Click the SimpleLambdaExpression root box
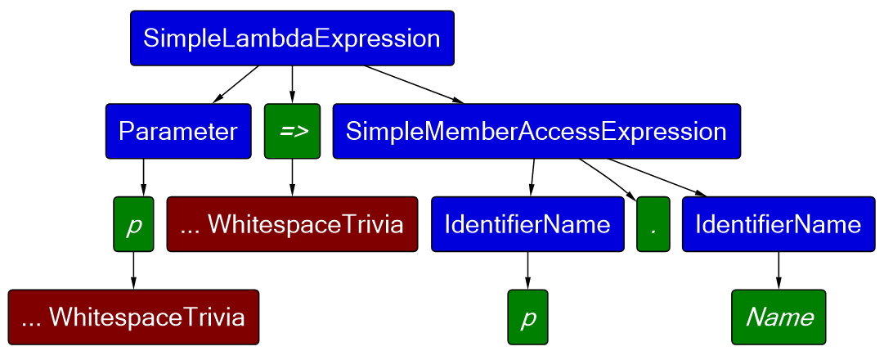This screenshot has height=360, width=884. click(292, 38)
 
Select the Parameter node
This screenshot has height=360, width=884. click(178, 131)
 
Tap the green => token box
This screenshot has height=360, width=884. click(292, 131)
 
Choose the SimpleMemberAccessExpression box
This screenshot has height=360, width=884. click(536, 131)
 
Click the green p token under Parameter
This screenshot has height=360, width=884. click(133, 224)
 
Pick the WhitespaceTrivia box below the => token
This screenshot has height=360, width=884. click(292, 224)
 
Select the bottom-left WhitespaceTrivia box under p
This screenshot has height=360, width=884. click(133, 317)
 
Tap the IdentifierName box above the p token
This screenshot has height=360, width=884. click(527, 224)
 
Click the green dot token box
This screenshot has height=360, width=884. click(653, 224)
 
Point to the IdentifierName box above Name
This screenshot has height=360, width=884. click(779, 224)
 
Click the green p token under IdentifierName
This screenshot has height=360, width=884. click(527, 317)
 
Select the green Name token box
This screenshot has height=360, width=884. click(779, 317)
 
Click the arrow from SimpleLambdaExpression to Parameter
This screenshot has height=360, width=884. click(236, 84)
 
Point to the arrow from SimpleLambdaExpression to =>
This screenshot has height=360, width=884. click(292, 84)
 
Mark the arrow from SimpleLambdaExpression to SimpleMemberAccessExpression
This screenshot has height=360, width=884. click(413, 84)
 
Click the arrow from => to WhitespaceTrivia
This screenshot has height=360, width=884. click(292, 178)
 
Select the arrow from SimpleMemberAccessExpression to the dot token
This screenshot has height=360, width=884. click(608, 179)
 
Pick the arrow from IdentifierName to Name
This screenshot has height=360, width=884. click(779, 270)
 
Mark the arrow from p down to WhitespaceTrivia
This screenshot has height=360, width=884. click(133, 270)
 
